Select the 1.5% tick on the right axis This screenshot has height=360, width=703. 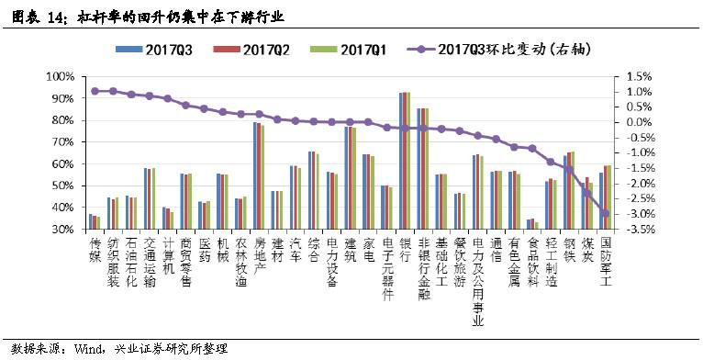[x=638, y=76]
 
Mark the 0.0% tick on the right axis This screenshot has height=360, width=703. [x=638, y=121]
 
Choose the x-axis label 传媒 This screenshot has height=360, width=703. [x=94, y=251]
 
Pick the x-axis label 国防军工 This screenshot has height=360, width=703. [x=605, y=265]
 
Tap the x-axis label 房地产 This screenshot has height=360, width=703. [x=258, y=258]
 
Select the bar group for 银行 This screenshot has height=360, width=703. [x=404, y=161]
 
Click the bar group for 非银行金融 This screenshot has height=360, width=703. [x=422, y=169]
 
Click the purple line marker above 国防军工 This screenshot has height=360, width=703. [x=605, y=213]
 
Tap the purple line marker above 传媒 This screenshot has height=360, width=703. [x=94, y=91]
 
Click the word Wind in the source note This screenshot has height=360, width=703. [x=91, y=348]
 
